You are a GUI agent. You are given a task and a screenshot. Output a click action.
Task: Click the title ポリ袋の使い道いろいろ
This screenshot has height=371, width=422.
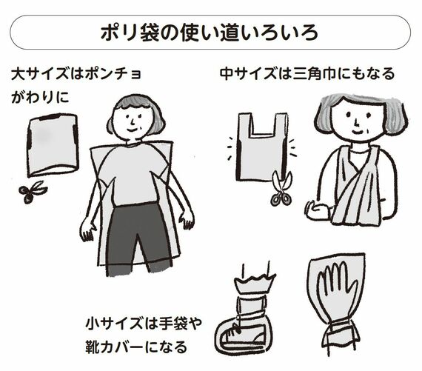(x=210, y=33)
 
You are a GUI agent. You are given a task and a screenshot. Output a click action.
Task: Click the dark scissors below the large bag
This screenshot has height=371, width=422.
(x=33, y=191)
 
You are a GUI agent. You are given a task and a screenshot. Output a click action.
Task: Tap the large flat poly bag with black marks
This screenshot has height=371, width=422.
(x=53, y=145)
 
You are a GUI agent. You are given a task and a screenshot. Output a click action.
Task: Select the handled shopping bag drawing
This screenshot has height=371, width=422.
(x=262, y=147)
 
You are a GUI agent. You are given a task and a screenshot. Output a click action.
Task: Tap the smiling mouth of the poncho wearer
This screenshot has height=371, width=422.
(x=133, y=130)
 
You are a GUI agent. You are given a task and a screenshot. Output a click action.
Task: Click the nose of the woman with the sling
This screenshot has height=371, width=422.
(x=356, y=124)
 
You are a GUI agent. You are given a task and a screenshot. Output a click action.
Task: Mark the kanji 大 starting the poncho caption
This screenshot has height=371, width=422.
(x=18, y=74)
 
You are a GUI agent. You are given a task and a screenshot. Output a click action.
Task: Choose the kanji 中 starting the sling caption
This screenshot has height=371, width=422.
(x=227, y=74)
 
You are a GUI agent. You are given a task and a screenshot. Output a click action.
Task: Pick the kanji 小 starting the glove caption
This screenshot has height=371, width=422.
(x=92, y=323)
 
